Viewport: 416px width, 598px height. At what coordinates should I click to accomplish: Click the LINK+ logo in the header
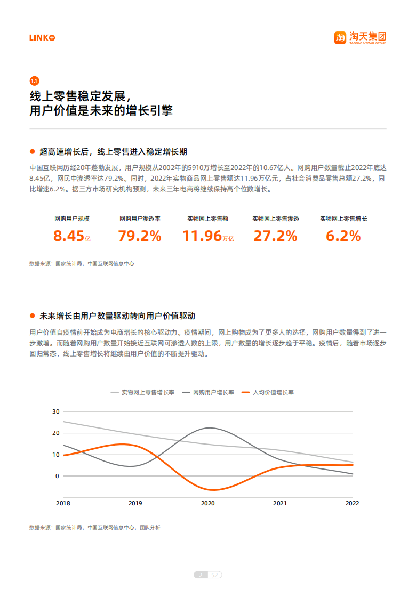point(42,38)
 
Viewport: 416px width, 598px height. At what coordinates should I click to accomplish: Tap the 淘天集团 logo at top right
point(360,37)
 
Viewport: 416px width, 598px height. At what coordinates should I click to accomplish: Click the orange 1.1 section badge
point(34,81)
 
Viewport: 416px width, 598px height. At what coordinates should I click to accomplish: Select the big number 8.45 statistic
point(69,236)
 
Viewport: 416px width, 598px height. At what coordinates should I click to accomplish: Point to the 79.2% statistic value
point(140,236)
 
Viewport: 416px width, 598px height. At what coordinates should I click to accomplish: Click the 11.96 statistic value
point(202,236)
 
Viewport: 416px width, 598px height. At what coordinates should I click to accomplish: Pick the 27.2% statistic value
point(275,236)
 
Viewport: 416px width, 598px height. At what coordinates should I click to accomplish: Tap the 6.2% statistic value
point(343,236)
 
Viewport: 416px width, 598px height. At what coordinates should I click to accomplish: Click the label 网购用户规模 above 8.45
point(72,219)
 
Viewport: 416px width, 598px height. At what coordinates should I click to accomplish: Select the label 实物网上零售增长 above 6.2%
point(343,219)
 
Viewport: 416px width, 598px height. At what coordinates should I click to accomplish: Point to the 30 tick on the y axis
point(56,411)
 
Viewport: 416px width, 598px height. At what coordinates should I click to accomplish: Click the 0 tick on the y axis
point(58,476)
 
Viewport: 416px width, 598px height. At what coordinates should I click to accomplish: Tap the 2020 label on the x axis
point(207,503)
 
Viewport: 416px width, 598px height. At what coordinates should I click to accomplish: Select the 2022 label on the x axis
point(352,503)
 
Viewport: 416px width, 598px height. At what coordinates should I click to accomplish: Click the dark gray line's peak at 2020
point(209,428)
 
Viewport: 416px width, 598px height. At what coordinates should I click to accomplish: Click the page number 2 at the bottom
point(201,575)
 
